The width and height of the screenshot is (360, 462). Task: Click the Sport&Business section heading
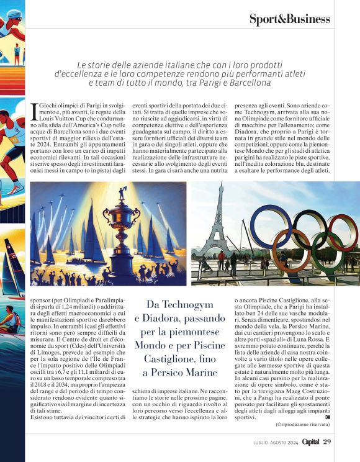click(x=289, y=19)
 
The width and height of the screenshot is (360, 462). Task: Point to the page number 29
click(x=328, y=442)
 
